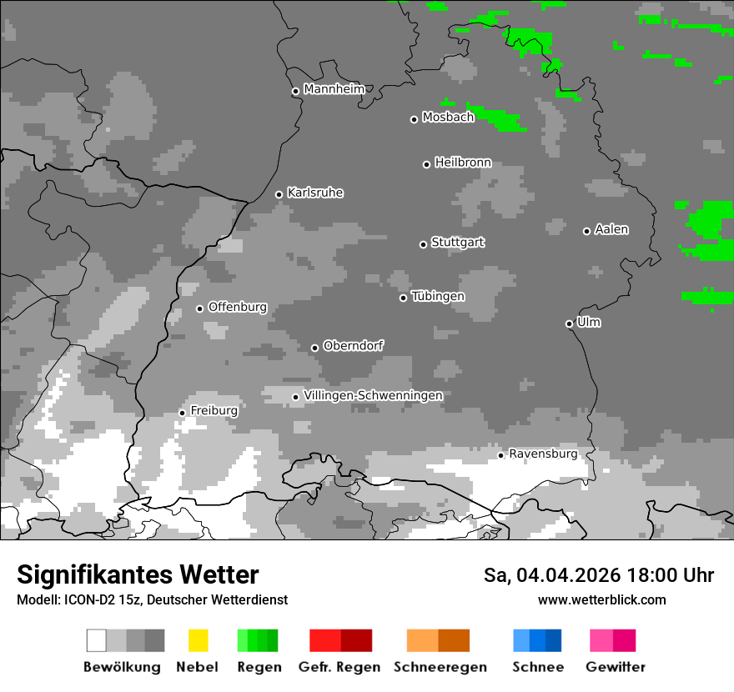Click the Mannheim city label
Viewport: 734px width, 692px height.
(x=334, y=89)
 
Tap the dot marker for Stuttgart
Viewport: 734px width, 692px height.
(x=423, y=244)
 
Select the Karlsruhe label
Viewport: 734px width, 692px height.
(x=314, y=193)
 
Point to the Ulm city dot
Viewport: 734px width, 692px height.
(x=569, y=323)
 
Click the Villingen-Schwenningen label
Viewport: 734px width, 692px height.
(x=373, y=395)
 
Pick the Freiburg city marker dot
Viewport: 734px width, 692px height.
(x=182, y=413)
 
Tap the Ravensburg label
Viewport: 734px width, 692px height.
(x=542, y=454)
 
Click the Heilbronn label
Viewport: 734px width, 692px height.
(x=462, y=163)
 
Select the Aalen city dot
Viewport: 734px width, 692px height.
(x=586, y=231)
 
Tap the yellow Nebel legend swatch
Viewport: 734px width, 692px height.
(x=198, y=640)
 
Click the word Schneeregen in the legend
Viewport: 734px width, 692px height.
(x=440, y=667)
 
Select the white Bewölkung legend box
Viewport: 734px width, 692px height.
(x=97, y=640)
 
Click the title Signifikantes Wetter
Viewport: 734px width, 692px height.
(x=138, y=574)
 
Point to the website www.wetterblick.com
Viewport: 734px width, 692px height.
(x=601, y=599)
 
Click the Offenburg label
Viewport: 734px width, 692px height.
(x=237, y=307)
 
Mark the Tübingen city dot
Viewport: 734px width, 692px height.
(x=403, y=298)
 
